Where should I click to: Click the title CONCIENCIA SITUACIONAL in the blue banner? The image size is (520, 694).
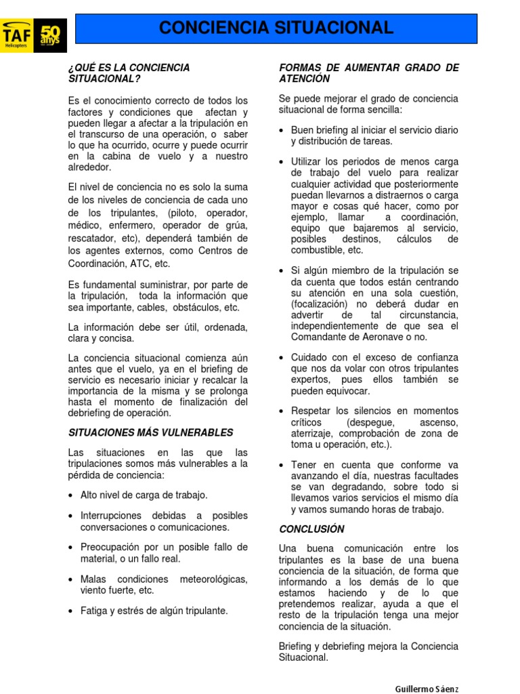[x=276, y=28]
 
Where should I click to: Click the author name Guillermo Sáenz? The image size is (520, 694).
[x=427, y=689]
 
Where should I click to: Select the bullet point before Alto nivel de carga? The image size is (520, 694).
[x=71, y=495]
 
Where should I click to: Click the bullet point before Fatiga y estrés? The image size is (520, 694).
[x=71, y=611]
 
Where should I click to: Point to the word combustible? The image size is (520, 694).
[x=318, y=250]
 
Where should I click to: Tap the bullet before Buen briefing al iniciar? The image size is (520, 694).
[x=281, y=130]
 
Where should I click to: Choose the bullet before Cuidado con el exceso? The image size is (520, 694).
[x=281, y=357]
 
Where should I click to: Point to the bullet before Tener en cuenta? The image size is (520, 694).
[x=281, y=465]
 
